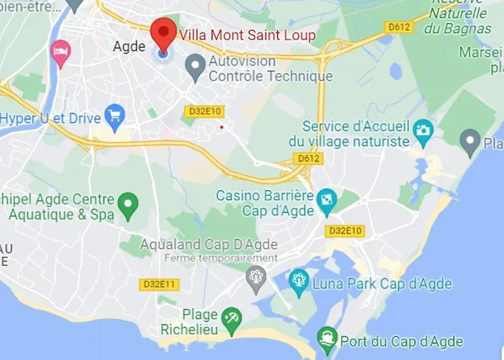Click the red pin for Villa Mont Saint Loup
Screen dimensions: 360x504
[163, 33]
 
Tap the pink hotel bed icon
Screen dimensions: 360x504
[60, 52]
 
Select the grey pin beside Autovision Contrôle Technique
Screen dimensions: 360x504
[194, 67]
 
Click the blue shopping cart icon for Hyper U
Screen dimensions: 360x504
[114, 115]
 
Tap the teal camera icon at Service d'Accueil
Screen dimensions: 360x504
[423, 130]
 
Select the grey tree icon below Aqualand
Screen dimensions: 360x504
[256, 277]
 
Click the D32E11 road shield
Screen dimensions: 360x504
[159, 284]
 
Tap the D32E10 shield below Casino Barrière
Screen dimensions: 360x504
[345, 231]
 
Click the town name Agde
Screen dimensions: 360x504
[130, 46]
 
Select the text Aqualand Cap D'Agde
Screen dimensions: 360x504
[209, 244]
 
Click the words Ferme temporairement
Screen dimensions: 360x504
[220, 258]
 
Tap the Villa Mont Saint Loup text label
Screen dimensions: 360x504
[247, 35]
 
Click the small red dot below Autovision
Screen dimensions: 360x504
[222, 127]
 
